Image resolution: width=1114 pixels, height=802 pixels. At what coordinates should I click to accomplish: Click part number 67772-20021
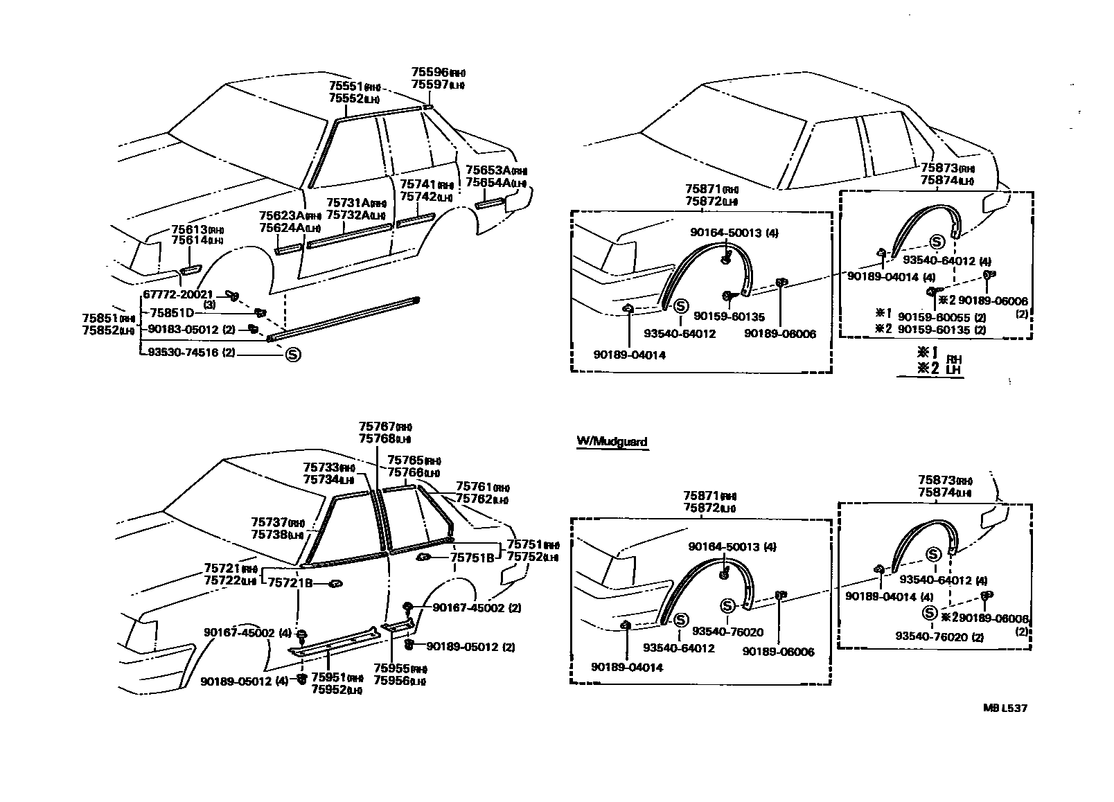pyautogui.click(x=179, y=294)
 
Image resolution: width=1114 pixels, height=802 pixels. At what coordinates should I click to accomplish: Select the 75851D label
pyautogui.click(x=173, y=312)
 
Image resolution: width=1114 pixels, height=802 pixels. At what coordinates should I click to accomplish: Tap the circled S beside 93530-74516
pyautogui.click(x=292, y=354)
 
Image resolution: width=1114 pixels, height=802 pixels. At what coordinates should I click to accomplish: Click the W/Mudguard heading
pyautogui.click(x=612, y=441)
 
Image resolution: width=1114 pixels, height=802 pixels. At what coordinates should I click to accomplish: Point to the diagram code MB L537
pyautogui.click(x=1005, y=708)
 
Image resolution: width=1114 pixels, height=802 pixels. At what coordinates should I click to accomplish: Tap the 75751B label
pyautogui.click(x=472, y=557)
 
